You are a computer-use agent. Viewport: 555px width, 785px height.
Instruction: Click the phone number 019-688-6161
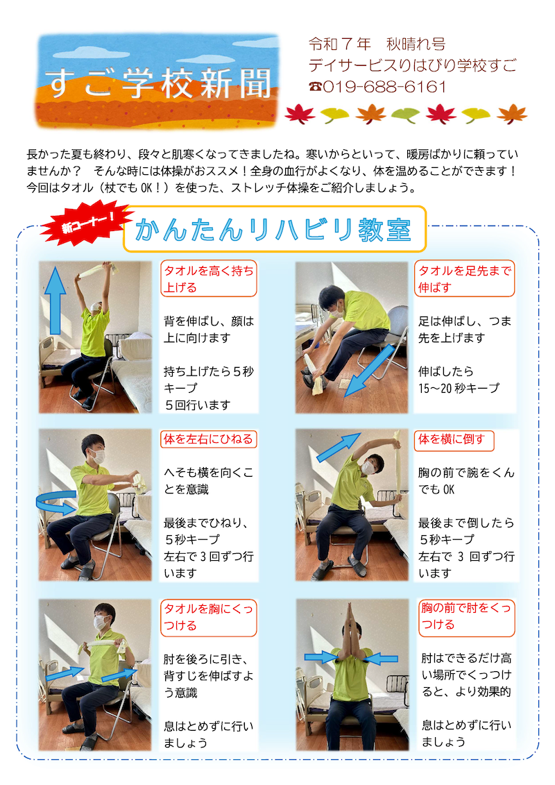[384, 87]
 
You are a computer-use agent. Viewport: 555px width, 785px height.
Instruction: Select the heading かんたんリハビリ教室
[273, 230]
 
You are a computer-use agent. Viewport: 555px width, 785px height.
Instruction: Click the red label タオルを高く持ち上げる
[208, 279]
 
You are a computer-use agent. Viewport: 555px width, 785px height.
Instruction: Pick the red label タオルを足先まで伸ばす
[464, 279]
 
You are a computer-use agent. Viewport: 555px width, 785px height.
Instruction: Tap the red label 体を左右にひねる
[208, 439]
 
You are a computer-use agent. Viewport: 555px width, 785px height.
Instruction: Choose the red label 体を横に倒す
[454, 439]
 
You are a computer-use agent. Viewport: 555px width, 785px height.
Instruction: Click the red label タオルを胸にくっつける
[208, 617]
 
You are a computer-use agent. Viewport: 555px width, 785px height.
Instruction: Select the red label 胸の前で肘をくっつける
[466, 617]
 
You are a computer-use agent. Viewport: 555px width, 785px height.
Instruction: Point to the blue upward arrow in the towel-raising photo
[55, 301]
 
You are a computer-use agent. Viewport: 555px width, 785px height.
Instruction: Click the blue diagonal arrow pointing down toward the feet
[370, 371]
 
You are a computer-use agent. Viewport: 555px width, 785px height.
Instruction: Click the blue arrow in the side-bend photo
[339, 447]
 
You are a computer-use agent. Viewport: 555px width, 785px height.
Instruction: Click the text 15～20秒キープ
[459, 388]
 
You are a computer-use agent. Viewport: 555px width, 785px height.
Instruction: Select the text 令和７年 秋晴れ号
[377, 44]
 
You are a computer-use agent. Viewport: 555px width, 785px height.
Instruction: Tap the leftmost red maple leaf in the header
[300, 114]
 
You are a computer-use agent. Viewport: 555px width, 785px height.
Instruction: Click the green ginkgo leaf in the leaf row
[405, 115]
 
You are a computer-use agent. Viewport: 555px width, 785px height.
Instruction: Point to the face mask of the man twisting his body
[99, 456]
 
